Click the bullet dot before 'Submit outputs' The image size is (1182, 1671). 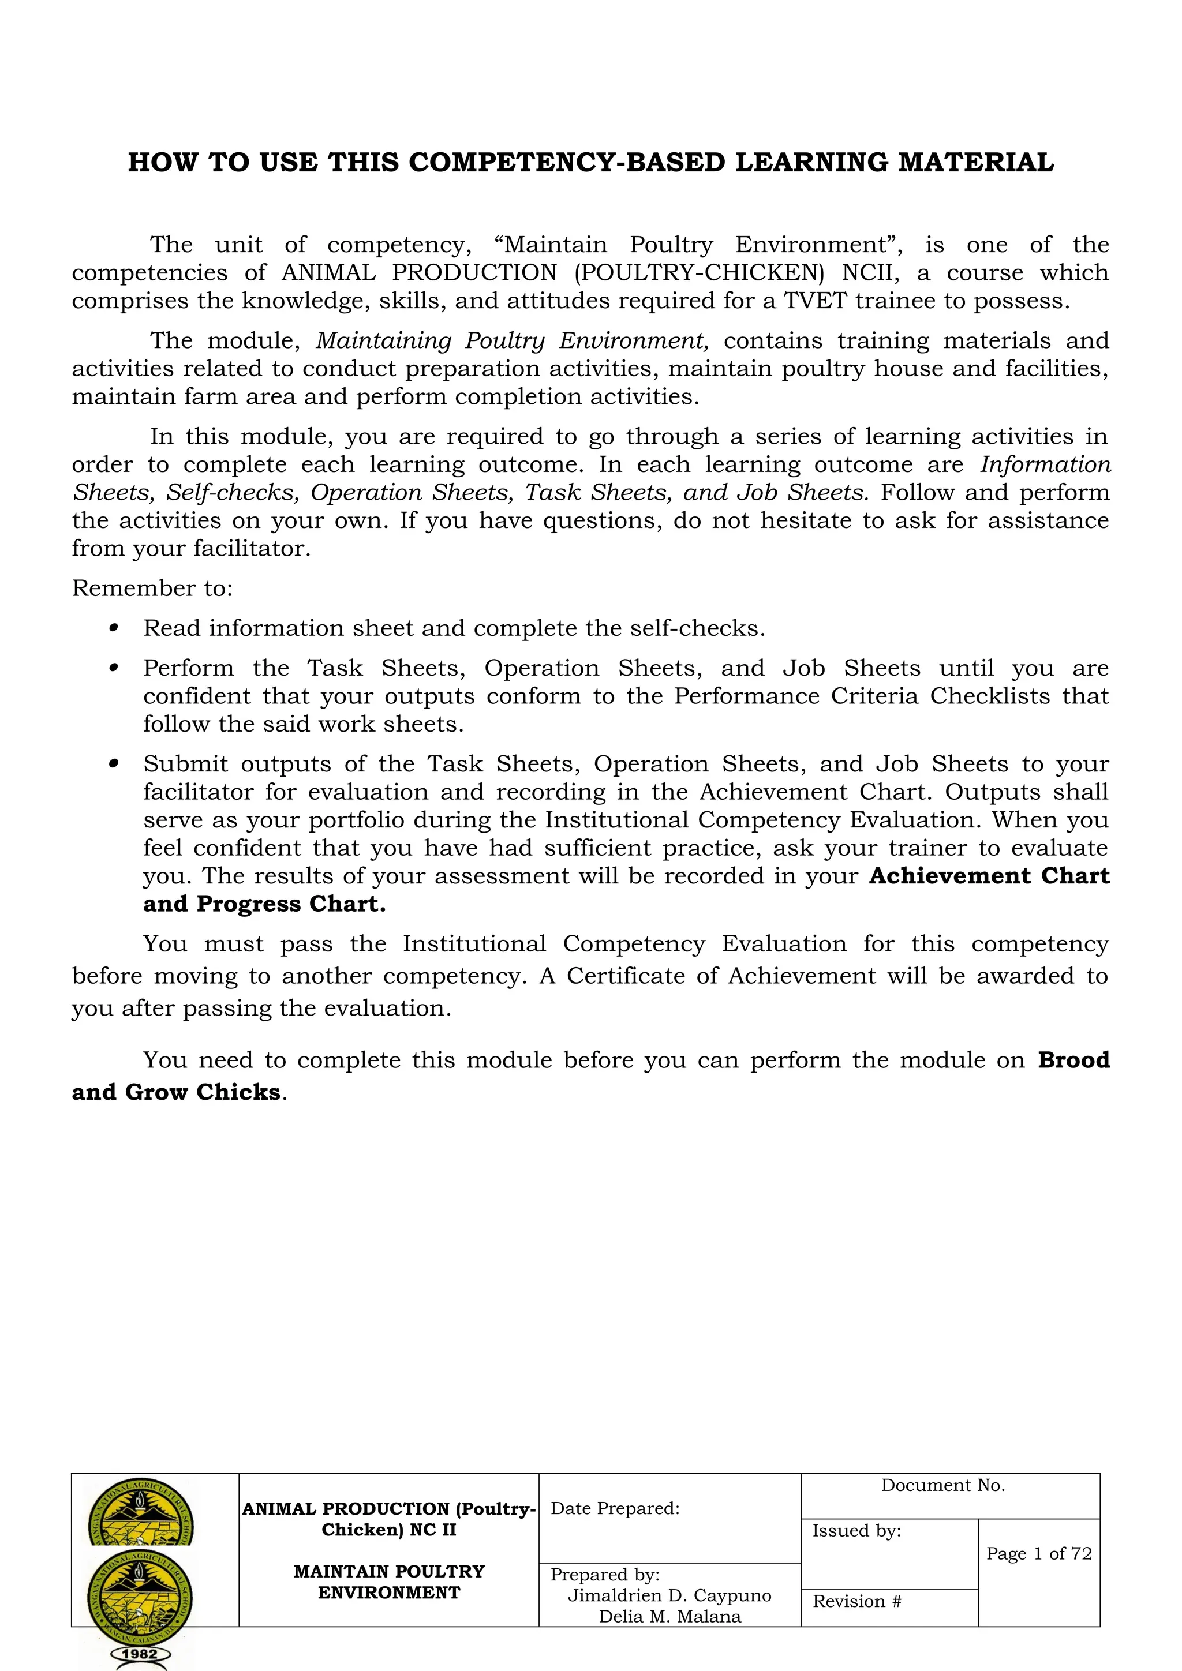pyautogui.click(x=114, y=763)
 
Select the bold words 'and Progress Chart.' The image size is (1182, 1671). pyautogui.click(x=264, y=904)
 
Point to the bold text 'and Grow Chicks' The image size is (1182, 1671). pyautogui.click(x=176, y=1092)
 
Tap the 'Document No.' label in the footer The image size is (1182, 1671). pyautogui.click(x=942, y=1485)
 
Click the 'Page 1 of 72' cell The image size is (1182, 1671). pyautogui.click(x=1039, y=1553)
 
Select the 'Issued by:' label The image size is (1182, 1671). pyautogui.click(x=856, y=1531)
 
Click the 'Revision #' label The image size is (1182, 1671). pyautogui.click(x=856, y=1601)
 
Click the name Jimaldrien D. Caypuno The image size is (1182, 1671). pyautogui.click(x=669, y=1595)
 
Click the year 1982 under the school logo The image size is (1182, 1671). pyautogui.click(x=140, y=1654)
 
